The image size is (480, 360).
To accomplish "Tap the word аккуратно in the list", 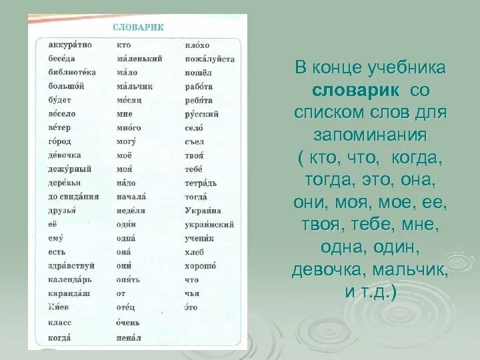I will pyautogui.click(x=70, y=45).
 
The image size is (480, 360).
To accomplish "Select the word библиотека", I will pyautogui.click(x=72, y=72).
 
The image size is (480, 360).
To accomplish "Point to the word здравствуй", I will pyautogui.click(x=71, y=265).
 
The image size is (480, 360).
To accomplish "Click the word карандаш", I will pyautogui.click(x=69, y=293).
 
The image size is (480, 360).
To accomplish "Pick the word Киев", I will pyautogui.click(x=58, y=307).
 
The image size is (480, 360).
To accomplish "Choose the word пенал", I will pyautogui.click(x=129, y=338).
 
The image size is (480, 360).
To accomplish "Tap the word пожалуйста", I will pyautogui.click(x=209, y=59).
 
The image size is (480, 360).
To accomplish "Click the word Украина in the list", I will pyautogui.click(x=203, y=211).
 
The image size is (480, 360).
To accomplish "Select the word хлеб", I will pyautogui.click(x=194, y=252).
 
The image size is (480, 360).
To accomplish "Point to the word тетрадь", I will pyautogui.click(x=201, y=183).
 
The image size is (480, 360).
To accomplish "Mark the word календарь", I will pyautogui.click(x=70, y=279).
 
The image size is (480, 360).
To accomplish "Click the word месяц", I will pyautogui.click(x=129, y=100).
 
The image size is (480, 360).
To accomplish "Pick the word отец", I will pyautogui.click(x=125, y=307).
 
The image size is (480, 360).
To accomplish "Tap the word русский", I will pyautogui.click(x=201, y=114).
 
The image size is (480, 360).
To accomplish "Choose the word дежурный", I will pyautogui.click(x=70, y=169).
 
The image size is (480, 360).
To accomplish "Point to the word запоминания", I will pyautogui.click(x=369, y=135).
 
